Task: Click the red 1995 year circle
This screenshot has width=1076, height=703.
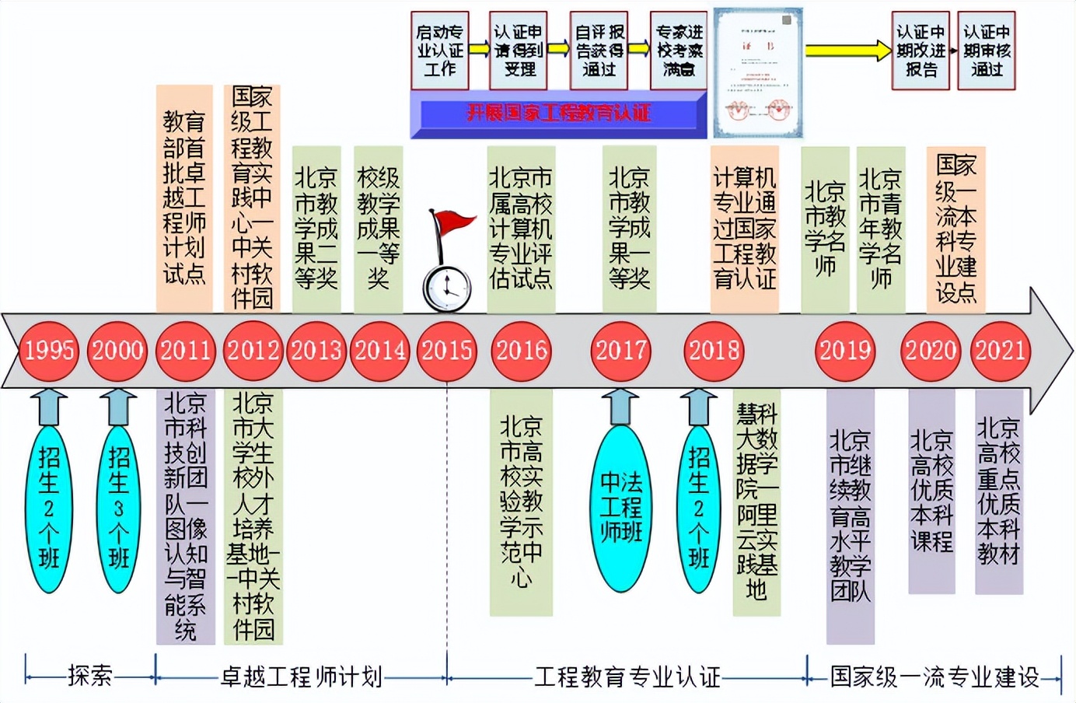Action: click(49, 351)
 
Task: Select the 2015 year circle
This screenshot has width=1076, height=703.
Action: click(447, 351)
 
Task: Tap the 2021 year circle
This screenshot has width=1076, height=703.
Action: click(1000, 351)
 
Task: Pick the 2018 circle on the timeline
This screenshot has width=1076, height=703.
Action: click(714, 351)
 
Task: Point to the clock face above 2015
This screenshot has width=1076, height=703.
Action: click(447, 287)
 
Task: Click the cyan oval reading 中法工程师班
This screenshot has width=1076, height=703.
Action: click(620, 508)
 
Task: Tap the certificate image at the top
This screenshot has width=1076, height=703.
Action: click(758, 74)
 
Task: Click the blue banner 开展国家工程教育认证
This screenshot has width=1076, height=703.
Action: click(557, 114)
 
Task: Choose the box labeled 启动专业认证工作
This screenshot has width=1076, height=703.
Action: click(440, 51)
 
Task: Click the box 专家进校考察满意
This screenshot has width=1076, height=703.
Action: click(679, 51)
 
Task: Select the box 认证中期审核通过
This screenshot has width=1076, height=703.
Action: click(987, 51)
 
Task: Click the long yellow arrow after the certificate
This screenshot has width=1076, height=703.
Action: click(847, 51)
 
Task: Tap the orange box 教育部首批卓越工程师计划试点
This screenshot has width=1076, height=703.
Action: click(184, 198)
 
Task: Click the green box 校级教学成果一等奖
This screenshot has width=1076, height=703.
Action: click(378, 229)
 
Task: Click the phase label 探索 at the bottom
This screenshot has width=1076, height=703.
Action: click(90, 677)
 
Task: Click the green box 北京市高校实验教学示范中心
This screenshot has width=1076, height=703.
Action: click(521, 502)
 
